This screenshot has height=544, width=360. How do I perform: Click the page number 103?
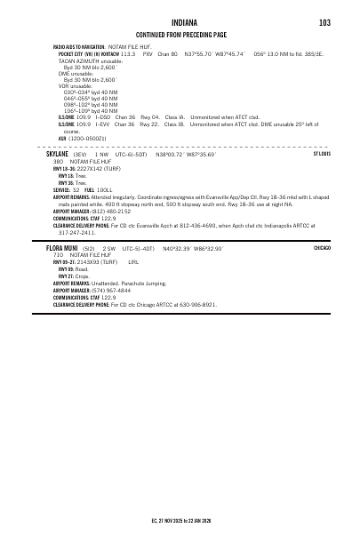click(324, 22)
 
